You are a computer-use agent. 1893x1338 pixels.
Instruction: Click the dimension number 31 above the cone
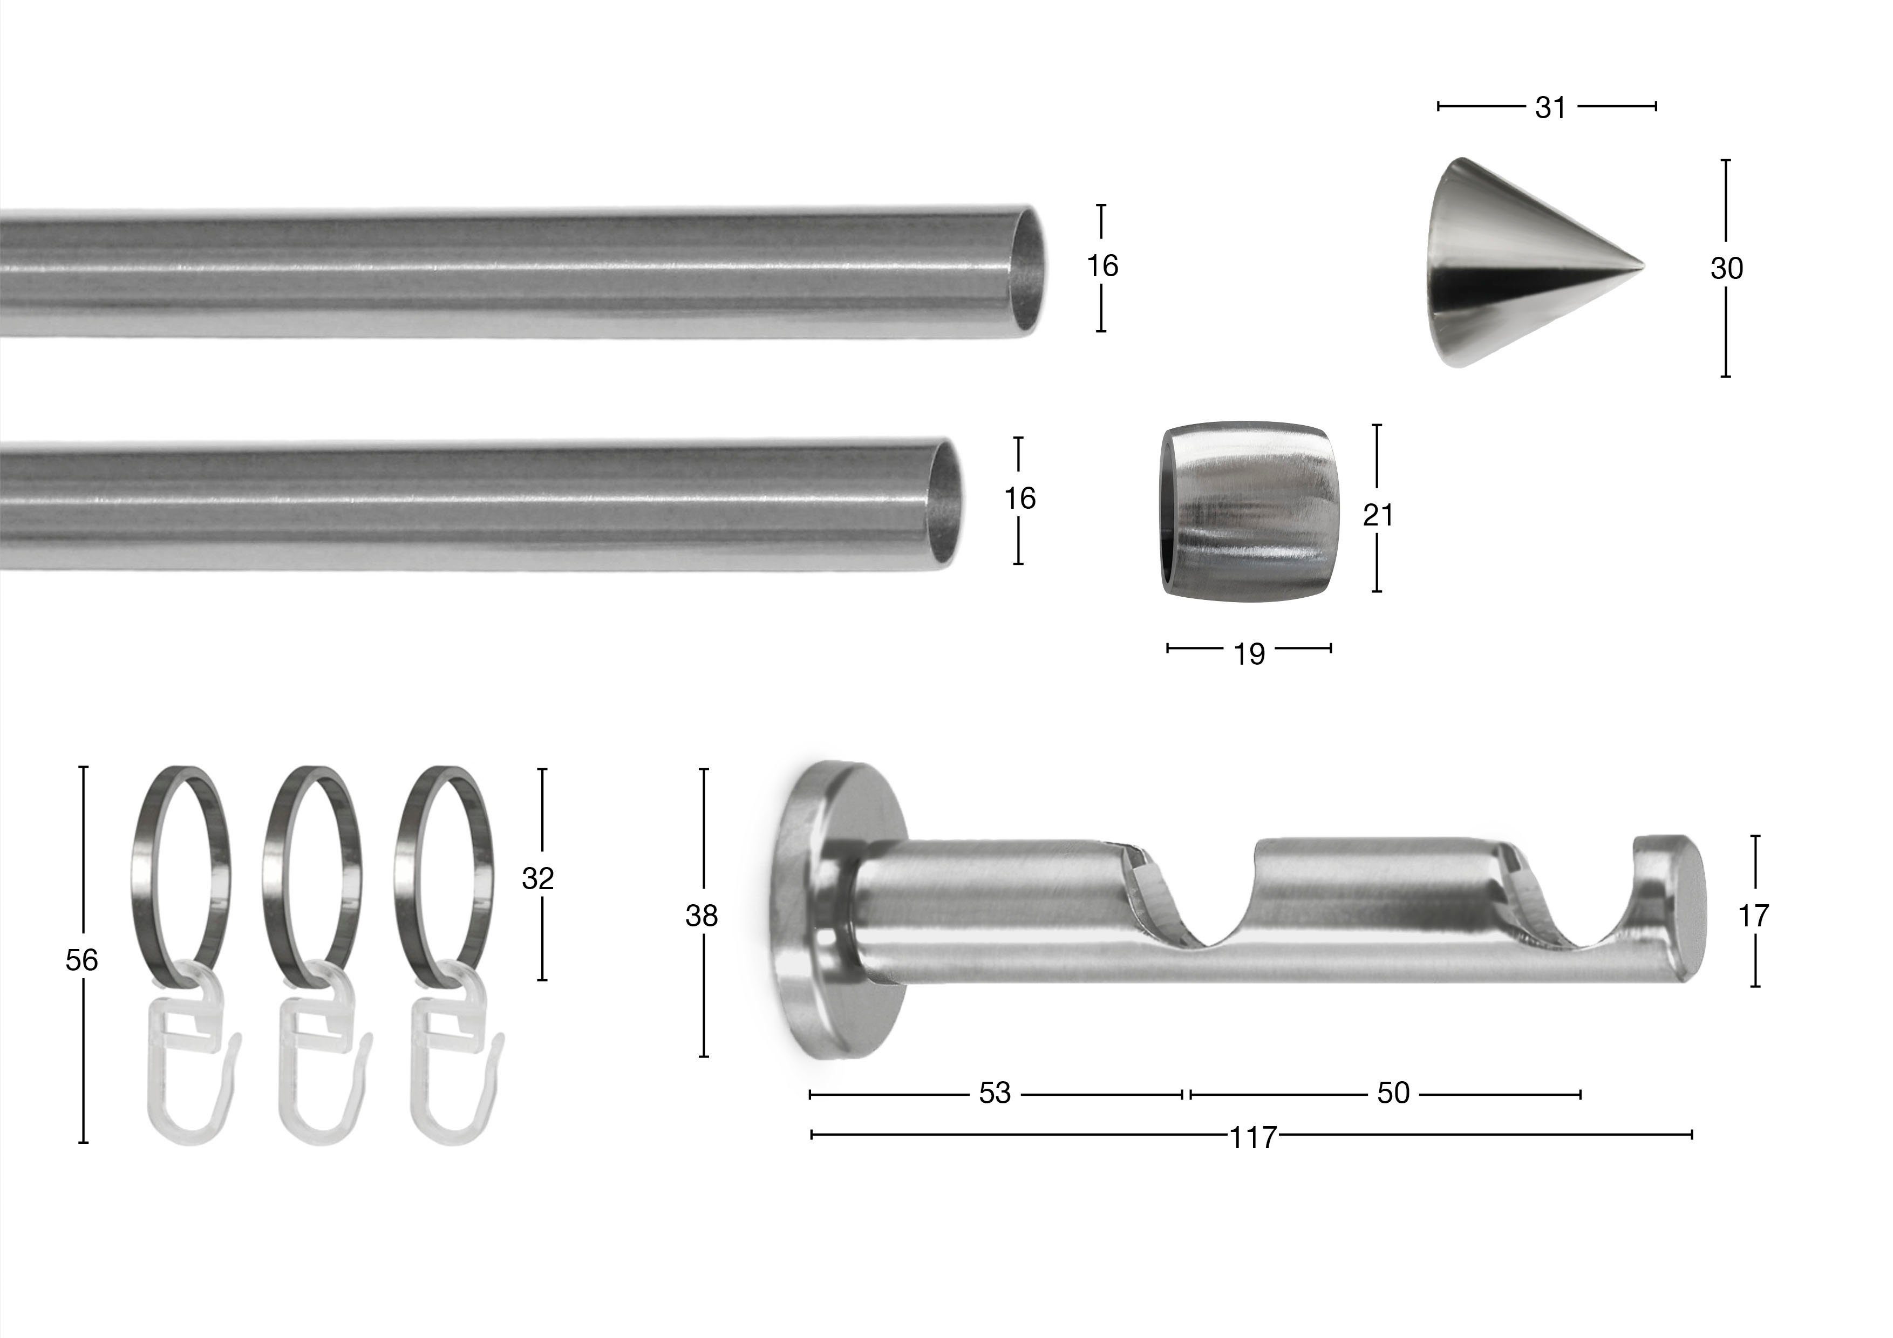[x=1550, y=107]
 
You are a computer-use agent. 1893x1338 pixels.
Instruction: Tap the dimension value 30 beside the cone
[x=1726, y=269]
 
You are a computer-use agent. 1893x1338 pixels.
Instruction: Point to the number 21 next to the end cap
[x=1378, y=515]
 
